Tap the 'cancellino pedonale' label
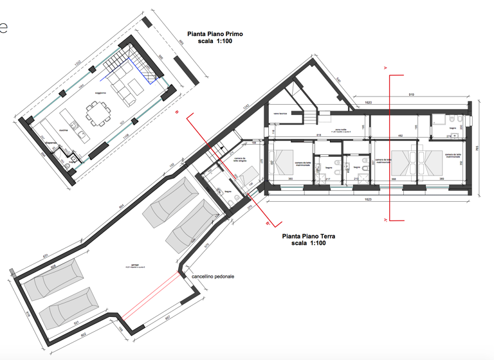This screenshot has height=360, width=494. [x=213, y=276]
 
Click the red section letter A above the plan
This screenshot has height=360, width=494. [x=385, y=67]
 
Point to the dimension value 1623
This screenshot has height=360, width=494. [x=367, y=199]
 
